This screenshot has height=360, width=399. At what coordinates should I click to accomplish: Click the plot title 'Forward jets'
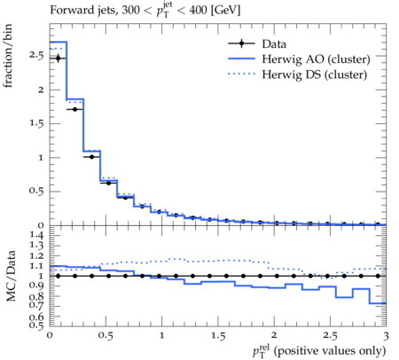tap(83, 10)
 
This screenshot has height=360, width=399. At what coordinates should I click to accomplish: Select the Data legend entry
tap(257, 43)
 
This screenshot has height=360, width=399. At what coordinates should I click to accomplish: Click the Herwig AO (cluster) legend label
tap(316, 59)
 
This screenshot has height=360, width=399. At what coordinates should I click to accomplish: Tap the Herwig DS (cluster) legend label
tap(315, 74)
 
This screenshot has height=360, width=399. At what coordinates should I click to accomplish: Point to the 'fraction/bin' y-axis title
tap(8, 56)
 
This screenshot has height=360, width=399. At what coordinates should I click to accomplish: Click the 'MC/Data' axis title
tap(11, 276)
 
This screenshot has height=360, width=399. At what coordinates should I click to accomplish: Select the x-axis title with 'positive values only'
tap(319, 351)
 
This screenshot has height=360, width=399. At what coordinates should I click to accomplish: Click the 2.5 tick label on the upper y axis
tap(36, 56)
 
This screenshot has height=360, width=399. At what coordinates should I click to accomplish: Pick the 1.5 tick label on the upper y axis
tap(36, 123)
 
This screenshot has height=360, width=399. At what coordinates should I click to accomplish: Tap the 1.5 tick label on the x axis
tap(218, 336)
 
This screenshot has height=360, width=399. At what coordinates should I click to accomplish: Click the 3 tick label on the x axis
tap(386, 336)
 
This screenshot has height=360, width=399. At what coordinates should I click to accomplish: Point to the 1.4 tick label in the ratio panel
tap(36, 236)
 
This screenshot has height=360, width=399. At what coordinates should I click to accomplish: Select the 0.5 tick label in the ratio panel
tap(36, 325)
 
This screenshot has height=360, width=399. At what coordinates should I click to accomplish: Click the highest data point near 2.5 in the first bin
tap(58, 59)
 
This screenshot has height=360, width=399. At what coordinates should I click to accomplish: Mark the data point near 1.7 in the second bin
tap(74, 109)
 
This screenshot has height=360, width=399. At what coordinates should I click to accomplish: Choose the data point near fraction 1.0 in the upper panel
tap(91, 157)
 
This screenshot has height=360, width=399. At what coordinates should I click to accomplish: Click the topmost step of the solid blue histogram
tap(59, 42)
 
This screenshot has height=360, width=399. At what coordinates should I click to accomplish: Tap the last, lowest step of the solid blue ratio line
tap(378, 303)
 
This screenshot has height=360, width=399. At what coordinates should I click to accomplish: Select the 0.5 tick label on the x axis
tap(106, 336)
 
